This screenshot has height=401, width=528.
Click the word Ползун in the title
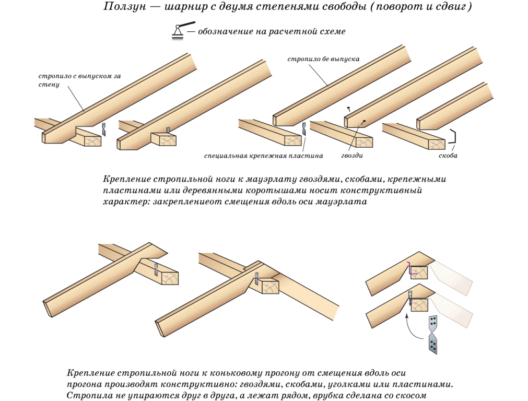point(125,7)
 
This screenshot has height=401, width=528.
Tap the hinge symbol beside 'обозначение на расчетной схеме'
point(182,31)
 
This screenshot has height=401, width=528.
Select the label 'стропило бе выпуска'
point(323,59)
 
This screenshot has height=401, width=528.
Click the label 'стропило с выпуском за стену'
point(79,80)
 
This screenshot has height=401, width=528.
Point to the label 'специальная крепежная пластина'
point(263,156)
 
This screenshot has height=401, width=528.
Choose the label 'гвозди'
point(352,156)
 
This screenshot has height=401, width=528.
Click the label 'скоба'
point(448,156)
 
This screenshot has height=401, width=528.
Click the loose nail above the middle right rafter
point(348,109)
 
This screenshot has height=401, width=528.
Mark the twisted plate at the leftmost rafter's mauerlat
point(104,129)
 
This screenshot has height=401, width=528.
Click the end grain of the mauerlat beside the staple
point(437,144)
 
